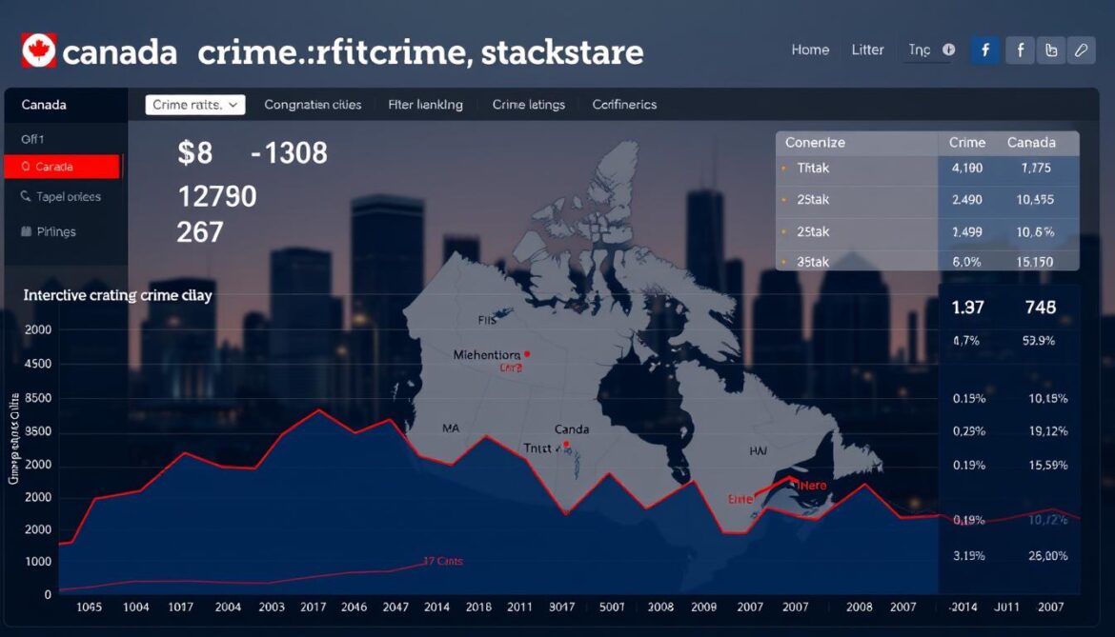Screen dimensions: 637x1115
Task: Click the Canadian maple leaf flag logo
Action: tap(39, 50)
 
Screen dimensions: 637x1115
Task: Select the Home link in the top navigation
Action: tap(810, 50)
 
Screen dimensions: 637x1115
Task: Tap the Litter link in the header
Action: tap(867, 50)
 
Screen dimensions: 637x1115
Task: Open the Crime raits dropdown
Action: tap(194, 105)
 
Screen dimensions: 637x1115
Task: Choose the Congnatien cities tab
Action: tap(313, 105)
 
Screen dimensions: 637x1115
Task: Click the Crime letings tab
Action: tap(528, 105)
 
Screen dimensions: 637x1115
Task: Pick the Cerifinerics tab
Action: tap(624, 105)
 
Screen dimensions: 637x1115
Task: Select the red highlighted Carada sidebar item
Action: tap(62, 167)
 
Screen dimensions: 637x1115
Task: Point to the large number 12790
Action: tap(217, 197)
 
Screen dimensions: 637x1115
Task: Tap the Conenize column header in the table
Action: tap(815, 143)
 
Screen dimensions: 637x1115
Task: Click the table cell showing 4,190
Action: tap(966, 169)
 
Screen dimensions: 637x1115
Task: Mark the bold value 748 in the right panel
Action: tap(1040, 308)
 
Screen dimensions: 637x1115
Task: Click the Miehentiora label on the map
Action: tap(488, 355)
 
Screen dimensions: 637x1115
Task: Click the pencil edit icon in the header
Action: tap(1081, 50)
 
